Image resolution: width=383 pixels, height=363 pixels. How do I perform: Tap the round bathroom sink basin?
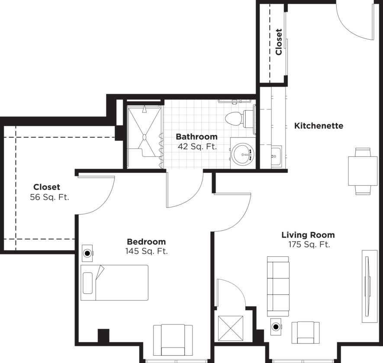[243, 154]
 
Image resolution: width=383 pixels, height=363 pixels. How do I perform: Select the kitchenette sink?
[277, 156]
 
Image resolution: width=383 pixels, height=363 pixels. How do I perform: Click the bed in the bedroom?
[115, 283]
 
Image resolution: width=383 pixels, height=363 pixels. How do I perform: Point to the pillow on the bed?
[88, 283]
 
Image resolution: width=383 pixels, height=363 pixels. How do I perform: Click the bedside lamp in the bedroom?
[87, 253]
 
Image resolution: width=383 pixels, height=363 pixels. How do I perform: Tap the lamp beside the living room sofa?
[276, 326]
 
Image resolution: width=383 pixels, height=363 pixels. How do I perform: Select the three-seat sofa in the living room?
[278, 286]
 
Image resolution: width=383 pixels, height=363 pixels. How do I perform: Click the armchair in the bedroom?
[173, 340]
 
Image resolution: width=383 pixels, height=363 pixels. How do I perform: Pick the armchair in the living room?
[306, 332]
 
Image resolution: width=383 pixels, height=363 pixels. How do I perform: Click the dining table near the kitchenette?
[363, 171]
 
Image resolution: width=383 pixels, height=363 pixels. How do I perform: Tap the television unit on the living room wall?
[369, 286]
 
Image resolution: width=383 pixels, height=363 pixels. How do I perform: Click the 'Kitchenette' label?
[319, 126]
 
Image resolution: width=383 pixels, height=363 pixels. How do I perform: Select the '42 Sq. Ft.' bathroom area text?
[197, 146]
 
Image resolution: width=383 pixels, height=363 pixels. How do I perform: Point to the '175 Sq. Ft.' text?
[309, 244]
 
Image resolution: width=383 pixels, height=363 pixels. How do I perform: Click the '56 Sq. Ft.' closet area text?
[50, 197]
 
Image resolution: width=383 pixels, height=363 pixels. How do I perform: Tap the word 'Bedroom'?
[146, 242]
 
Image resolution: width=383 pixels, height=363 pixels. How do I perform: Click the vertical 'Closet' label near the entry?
[279, 42]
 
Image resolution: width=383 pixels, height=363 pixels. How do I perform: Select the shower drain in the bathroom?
[144, 137]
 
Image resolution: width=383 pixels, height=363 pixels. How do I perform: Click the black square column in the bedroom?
[103, 336]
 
